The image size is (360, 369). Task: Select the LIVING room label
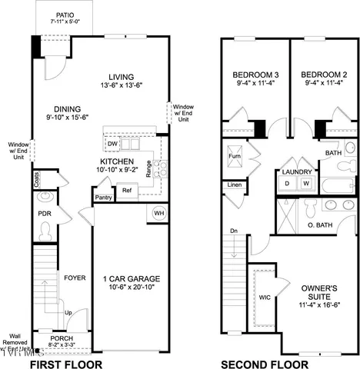tap(121, 77)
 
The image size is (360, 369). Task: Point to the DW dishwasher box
tap(113, 144)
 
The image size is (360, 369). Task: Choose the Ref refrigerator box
tap(127, 190)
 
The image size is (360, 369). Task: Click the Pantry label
tap(103, 198)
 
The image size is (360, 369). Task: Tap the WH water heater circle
tap(159, 213)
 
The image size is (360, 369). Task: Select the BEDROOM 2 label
tap(322, 75)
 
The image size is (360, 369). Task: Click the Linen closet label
tap(234, 185)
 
